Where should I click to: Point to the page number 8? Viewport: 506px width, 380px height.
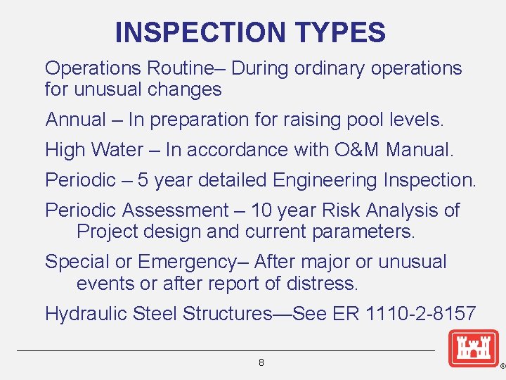click(261, 363)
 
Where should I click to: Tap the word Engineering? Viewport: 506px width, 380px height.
click(325, 181)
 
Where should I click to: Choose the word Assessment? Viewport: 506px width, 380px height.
click(175, 210)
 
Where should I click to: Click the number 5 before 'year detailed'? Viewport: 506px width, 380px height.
click(143, 181)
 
